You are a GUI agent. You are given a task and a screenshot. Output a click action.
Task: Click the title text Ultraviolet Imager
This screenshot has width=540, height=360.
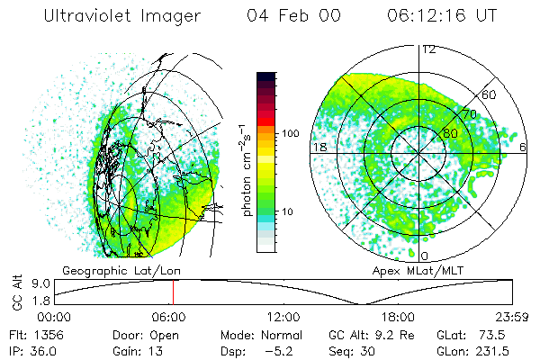[121, 16]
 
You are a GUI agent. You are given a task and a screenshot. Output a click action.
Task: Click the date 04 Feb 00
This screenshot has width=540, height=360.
[293, 15]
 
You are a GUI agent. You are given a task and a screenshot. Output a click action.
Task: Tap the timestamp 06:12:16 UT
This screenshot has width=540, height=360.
[442, 15]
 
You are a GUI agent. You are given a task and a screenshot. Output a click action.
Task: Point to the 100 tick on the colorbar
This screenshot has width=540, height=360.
[291, 133]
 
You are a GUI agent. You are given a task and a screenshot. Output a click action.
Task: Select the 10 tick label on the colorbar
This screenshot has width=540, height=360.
[287, 211]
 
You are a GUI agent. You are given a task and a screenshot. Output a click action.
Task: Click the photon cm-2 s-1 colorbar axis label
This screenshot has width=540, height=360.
[247, 170]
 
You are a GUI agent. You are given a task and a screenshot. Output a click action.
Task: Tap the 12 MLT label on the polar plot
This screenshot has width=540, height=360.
[429, 50]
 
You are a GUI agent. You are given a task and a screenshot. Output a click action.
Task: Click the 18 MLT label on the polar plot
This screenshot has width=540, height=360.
[319, 147]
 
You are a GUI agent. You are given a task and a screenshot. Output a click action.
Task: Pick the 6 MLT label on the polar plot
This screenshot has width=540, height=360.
[523, 147]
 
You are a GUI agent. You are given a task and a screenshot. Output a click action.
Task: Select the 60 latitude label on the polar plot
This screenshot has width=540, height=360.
[489, 94]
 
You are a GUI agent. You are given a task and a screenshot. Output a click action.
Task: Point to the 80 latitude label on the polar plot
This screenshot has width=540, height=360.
[451, 133]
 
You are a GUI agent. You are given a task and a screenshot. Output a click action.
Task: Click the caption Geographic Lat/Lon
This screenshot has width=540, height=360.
[121, 271]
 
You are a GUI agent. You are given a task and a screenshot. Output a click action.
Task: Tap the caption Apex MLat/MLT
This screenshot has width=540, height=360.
[418, 271]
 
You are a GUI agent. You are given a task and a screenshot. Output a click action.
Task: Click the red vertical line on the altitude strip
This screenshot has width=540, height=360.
[173, 292]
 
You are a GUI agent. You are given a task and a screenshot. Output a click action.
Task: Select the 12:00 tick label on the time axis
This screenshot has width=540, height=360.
[283, 317]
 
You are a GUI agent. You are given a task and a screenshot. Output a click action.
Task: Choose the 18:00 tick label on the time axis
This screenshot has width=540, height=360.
[398, 317]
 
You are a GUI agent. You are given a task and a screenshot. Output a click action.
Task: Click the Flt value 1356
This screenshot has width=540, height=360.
[49, 335]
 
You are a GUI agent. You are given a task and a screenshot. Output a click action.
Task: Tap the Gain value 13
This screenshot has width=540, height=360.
[156, 351]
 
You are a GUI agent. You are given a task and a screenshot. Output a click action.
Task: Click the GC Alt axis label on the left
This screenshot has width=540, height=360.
[17, 292]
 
